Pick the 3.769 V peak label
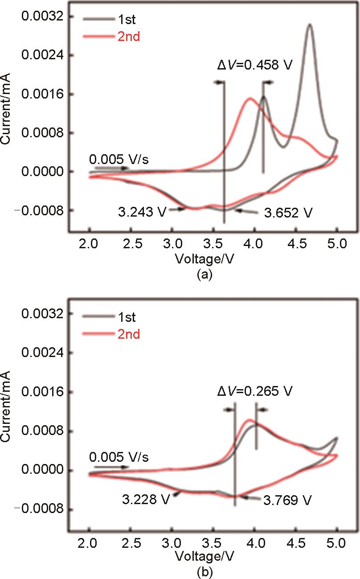point(286,500)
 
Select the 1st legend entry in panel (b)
point(127,317)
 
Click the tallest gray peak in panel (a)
point(309,25)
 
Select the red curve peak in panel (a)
point(249,99)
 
